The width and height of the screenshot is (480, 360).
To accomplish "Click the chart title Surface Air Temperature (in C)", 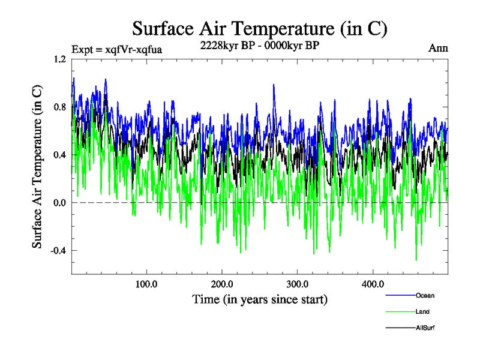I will (259, 28).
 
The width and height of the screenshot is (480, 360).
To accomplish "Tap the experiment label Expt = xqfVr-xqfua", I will (117, 49).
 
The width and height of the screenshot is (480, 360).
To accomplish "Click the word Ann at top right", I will (438, 48).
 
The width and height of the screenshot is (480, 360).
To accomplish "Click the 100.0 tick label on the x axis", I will (146, 284).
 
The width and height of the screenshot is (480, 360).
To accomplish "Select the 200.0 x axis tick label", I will (222, 284).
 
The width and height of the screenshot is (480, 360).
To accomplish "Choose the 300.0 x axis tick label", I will (298, 284).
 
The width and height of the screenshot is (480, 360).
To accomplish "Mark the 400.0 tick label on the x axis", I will (373, 284).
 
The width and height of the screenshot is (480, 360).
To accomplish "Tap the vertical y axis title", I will (37, 167).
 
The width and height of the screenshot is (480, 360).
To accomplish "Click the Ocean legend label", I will (425, 295).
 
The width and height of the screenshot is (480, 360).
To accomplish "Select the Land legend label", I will (422, 311).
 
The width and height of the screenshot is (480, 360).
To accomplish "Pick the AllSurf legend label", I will (425, 328).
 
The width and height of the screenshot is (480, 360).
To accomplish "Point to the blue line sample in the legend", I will (399, 295).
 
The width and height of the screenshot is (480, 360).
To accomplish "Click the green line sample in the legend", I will (399, 311).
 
